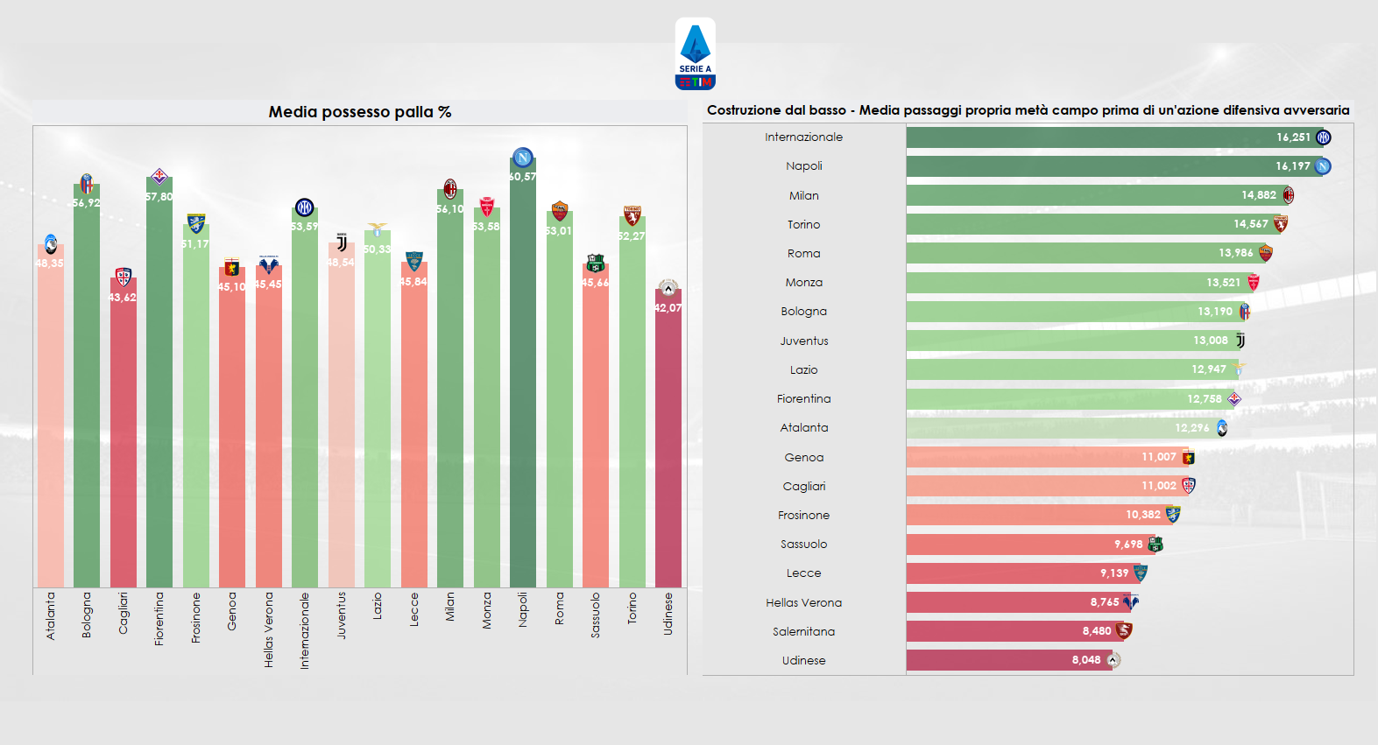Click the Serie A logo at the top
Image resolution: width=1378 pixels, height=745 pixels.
tap(695, 54)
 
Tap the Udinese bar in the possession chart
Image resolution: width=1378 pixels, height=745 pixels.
tap(668, 438)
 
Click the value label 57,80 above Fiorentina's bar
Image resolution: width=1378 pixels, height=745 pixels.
tap(159, 197)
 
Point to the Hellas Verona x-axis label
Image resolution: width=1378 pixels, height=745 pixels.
tap(268, 629)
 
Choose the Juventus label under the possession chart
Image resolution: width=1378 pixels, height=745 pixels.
tap(341, 615)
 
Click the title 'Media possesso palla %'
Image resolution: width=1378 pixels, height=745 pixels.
tap(359, 112)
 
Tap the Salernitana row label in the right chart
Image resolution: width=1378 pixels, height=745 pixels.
tap(803, 631)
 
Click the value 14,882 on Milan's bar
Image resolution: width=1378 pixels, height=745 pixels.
tap(1258, 195)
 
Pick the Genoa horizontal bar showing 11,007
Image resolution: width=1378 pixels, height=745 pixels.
tap(1042, 457)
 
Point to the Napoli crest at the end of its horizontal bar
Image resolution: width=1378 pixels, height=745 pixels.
tap(1323, 166)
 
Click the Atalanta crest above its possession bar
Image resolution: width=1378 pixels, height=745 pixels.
tap(51, 244)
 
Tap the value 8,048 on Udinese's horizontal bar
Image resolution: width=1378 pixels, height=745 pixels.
tap(1085, 660)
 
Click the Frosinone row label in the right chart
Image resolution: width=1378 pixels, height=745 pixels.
tap(803, 515)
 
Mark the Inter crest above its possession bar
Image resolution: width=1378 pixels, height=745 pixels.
tap(304, 207)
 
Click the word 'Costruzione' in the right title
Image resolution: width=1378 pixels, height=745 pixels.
tap(745, 110)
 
